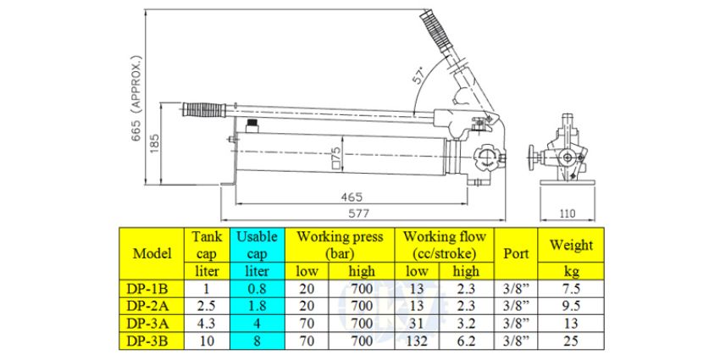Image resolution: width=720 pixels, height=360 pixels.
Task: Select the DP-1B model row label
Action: click(151, 288)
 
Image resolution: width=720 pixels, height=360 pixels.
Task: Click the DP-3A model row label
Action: click(151, 322)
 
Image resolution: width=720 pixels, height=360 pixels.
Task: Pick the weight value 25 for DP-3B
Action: click(572, 339)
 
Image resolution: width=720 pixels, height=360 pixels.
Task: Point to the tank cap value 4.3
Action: click(207, 322)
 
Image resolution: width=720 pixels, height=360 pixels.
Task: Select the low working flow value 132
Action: click(417, 339)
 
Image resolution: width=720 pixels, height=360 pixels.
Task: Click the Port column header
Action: click(516, 253)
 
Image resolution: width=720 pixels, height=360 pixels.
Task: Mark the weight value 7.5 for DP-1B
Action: click(572, 288)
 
